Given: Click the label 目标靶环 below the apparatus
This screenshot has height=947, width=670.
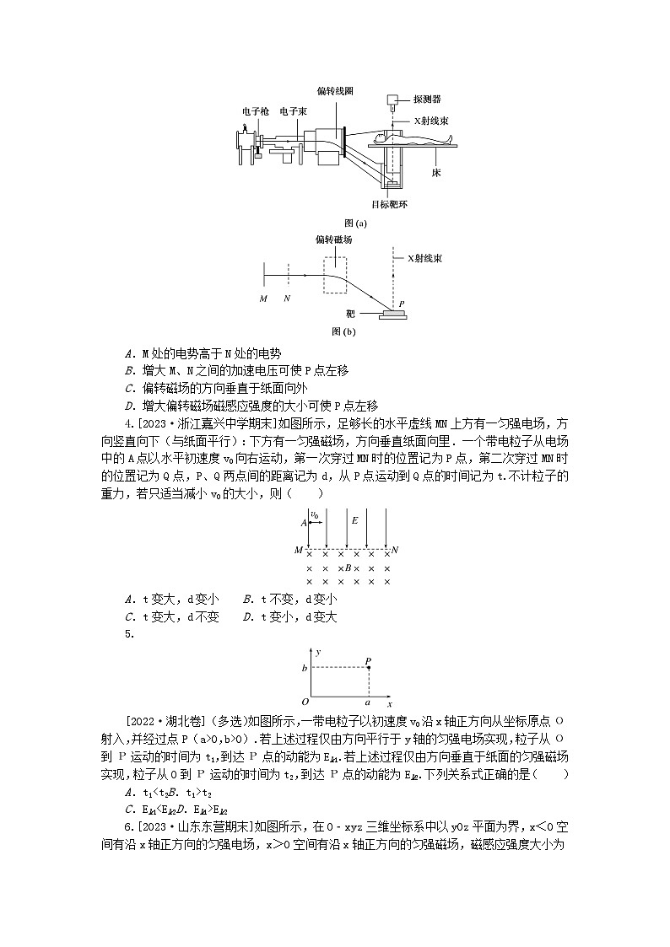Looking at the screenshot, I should point(387,203).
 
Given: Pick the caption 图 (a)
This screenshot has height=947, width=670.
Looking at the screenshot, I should point(355,223).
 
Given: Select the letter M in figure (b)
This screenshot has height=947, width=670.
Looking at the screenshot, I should point(262,299).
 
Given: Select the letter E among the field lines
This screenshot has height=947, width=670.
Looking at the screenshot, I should point(354,520).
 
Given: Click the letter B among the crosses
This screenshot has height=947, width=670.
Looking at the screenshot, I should point(348,568).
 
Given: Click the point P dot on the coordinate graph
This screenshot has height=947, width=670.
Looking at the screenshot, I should point(368,668).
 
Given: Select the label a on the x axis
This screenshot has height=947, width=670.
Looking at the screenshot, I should point(367,702).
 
